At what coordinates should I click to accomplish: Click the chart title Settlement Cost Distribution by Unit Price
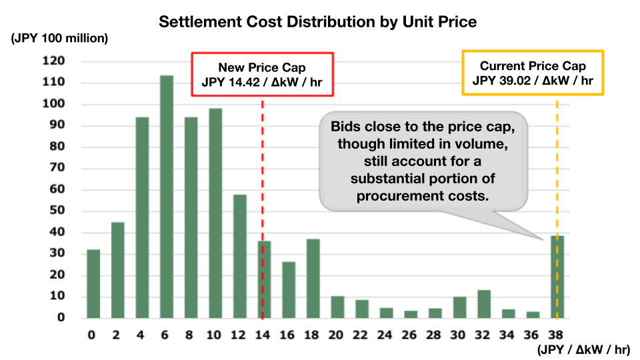tap(317, 22)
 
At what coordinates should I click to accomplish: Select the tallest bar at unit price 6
tap(167, 197)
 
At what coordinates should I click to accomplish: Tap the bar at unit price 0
tap(93, 283)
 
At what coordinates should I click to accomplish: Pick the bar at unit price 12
tap(240, 256)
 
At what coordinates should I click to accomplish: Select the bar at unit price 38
tap(557, 277)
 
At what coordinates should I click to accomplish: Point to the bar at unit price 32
tap(484, 304)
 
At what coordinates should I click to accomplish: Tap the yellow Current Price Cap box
tap(533, 73)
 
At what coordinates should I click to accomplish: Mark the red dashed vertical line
tap(262, 167)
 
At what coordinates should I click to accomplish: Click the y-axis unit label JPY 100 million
tap(59, 39)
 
